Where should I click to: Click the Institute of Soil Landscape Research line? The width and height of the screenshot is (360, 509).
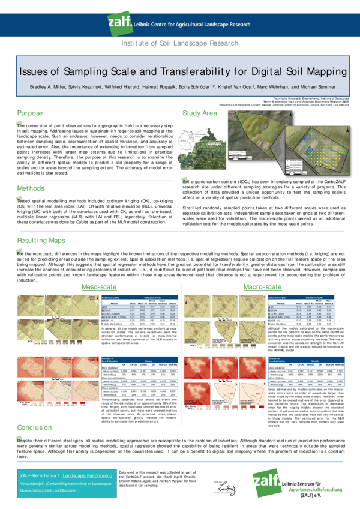pyautogui.click(x=180, y=44)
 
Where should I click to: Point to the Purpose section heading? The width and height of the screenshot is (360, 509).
pyautogui.click(x=30, y=113)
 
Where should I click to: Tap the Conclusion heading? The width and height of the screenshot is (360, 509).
pyautogui.click(x=34, y=427)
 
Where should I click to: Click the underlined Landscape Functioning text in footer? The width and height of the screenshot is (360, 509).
pyautogui.click(x=88, y=474)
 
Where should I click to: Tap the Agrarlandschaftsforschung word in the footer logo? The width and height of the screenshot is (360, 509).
pyautogui.click(x=312, y=489)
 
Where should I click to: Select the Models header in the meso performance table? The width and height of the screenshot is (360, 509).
pyautogui.click(x=281, y=303)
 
